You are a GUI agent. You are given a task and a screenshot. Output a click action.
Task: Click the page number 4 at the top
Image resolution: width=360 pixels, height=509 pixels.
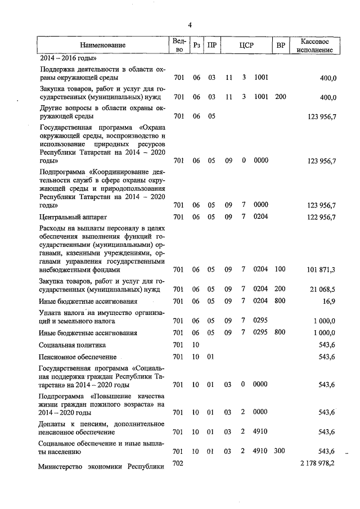[190, 25]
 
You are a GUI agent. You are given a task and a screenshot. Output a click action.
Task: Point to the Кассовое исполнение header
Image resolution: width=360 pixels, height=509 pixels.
[318, 45]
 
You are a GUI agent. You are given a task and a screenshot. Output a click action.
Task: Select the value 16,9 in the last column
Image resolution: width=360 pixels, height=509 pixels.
[329, 302]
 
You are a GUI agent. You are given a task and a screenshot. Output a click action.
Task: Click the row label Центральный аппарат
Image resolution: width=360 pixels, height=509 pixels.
[73, 217]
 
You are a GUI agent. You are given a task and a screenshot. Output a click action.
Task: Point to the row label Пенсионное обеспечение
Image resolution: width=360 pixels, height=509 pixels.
[78, 357]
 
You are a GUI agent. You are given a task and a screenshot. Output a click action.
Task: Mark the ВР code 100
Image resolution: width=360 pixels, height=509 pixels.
[280, 270]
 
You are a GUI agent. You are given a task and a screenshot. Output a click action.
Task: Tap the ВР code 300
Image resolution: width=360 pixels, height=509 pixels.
[280, 452]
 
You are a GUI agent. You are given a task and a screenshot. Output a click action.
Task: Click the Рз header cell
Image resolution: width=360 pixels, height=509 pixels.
[196, 45]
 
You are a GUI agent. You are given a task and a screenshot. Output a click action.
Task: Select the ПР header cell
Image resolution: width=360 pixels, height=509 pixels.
[211, 45]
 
